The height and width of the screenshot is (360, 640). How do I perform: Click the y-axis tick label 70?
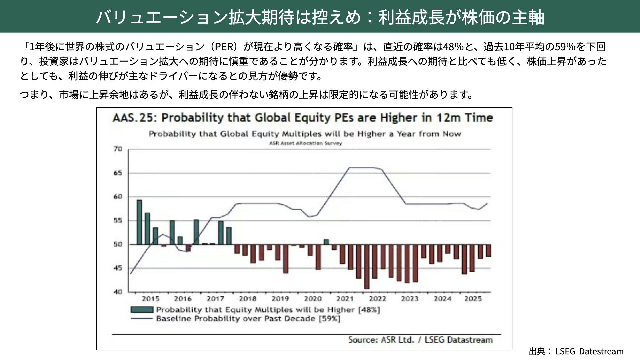point(118,149)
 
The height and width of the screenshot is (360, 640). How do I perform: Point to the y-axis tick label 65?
point(118,173)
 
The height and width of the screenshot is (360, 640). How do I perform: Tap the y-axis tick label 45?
point(118,268)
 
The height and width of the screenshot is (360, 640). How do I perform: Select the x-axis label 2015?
point(150,299)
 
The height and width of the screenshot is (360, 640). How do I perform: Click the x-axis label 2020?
point(313,299)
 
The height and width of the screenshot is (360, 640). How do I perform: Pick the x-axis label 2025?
point(473,299)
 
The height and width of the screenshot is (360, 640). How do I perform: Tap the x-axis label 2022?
point(377,299)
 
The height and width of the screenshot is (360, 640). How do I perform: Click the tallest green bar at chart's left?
point(139,222)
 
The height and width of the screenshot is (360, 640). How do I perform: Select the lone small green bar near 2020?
point(326,242)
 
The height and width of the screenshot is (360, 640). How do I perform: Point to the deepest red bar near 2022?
point(367,267)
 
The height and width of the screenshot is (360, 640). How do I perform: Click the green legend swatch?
point(142,310)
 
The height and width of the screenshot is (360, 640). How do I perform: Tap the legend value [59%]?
point(329,319)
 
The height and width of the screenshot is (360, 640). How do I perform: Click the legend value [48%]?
point(369,310)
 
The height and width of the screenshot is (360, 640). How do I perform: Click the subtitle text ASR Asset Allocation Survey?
point(305,143)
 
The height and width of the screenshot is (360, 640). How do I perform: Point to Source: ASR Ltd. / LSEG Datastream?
point(420,340)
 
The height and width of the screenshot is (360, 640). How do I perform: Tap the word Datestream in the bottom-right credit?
point(601,351)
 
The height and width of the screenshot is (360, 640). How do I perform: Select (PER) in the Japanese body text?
point(223,47)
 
